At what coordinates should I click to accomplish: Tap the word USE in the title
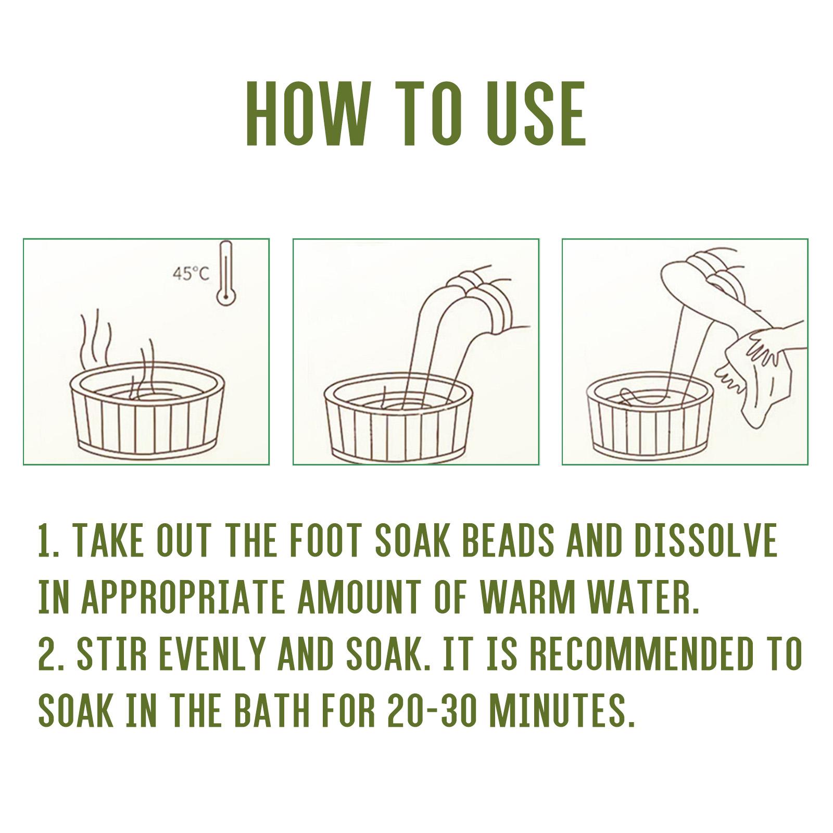pyautogui.click(x=535, y=113)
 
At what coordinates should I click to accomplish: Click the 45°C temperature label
pyautogui.click(x=191, y=273)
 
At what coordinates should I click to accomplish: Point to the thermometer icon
pyautogui.click(x=225, y=273)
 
